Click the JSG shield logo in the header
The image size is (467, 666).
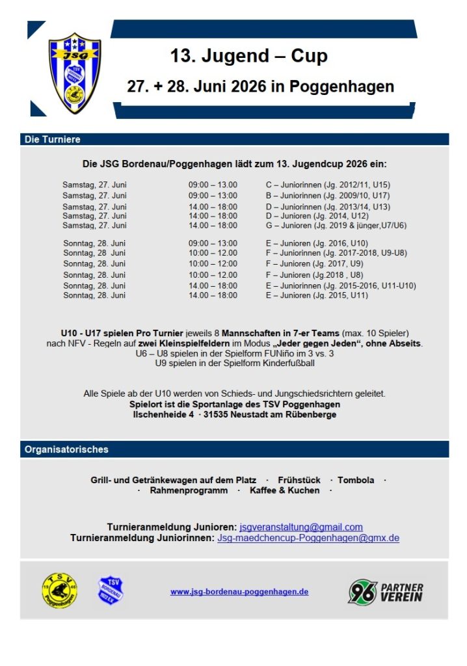point(75,73)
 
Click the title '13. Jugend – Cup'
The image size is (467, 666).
point(248,57)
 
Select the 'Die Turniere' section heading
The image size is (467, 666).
point(53,140)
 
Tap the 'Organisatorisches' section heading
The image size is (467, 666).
point(66,449)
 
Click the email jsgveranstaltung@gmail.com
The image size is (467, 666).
point(301,527)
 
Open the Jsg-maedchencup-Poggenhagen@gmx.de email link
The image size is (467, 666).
point(308,538)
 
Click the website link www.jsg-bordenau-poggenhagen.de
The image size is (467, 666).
point(239,592)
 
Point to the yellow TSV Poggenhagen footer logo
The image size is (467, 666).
point(59,591)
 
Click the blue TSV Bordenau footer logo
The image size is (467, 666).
point(111,591)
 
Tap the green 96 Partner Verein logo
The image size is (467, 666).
point(386,591)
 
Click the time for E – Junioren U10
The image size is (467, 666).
point(213,243)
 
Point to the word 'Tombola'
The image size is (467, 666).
point(356,480)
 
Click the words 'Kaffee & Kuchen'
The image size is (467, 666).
point(285,490)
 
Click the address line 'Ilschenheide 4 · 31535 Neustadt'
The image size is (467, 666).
point(235,414)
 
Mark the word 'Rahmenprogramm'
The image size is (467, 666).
point(189,490)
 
